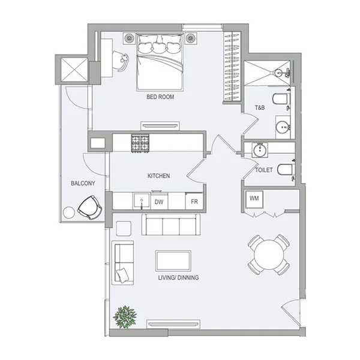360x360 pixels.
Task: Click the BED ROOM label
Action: click(x=160, y=96)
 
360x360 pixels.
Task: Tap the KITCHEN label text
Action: click(x=159, y=176)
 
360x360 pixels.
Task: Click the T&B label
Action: click(x=260, y=108)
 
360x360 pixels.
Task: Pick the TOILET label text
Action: click(x=264, y=170)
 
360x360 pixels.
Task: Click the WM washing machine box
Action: click(x=254, y=197)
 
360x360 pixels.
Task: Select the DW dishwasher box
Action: click(x=159, y=202)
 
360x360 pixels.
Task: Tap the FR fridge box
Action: click(x=194, y=202)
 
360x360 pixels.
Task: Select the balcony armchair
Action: click(x=90, y=208)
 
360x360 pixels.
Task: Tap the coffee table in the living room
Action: click(x=174, y=261)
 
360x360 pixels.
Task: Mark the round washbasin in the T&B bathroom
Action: click(x=283, y=127)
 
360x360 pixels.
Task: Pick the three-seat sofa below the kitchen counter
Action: click(x=171, y=226)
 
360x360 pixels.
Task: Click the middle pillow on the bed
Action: click(x=160, y=44)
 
